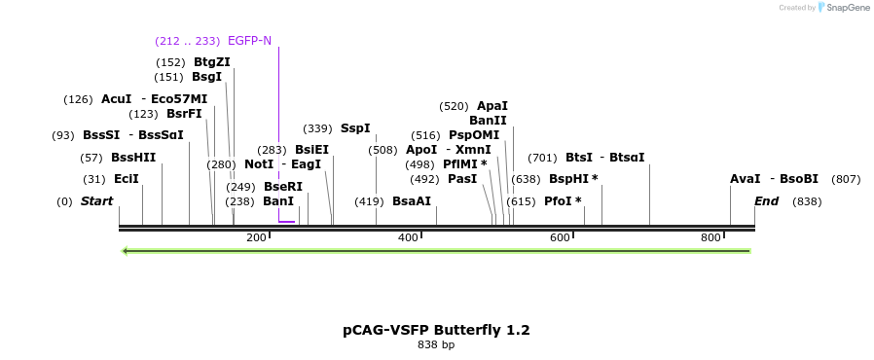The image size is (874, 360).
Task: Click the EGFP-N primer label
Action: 249,41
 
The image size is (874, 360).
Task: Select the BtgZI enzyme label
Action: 211,62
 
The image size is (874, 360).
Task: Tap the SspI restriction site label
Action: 354,128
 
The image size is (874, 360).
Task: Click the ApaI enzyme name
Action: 492,106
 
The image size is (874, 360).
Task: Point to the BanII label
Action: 488,121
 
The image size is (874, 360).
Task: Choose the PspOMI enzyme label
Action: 474,135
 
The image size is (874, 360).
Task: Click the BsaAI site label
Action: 411,201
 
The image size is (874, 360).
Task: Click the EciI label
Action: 127,179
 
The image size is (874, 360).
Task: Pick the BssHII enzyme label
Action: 133,158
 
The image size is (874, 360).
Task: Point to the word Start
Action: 96,201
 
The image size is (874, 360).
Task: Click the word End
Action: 767,201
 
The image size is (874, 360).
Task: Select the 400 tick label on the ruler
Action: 408,237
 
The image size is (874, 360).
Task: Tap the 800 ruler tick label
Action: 710,237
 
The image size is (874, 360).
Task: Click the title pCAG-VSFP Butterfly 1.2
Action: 436,330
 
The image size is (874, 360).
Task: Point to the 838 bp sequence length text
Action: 436,344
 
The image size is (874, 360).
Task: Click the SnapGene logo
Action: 843,8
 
